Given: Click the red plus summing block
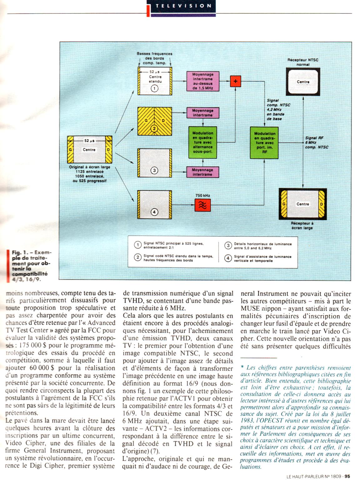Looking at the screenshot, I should (235, 81).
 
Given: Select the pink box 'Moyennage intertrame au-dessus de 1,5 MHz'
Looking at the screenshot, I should (203, 82).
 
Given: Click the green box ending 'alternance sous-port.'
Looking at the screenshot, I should (203, 142).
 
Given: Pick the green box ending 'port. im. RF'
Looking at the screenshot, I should (265, 142).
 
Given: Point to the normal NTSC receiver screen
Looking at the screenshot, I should (303, 82).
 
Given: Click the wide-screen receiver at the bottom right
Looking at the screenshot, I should (302, 204).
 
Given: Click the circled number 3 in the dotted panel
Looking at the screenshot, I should (154, 170).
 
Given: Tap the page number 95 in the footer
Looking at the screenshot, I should (347, 485).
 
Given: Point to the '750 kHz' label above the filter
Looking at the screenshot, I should (202, 196).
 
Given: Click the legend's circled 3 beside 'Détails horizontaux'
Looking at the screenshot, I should (228, 246).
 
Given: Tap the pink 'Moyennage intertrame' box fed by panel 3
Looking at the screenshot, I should (202, 172).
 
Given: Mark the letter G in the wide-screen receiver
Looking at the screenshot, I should (284, 204).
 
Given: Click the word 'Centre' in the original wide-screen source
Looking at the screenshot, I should (89, 150).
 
